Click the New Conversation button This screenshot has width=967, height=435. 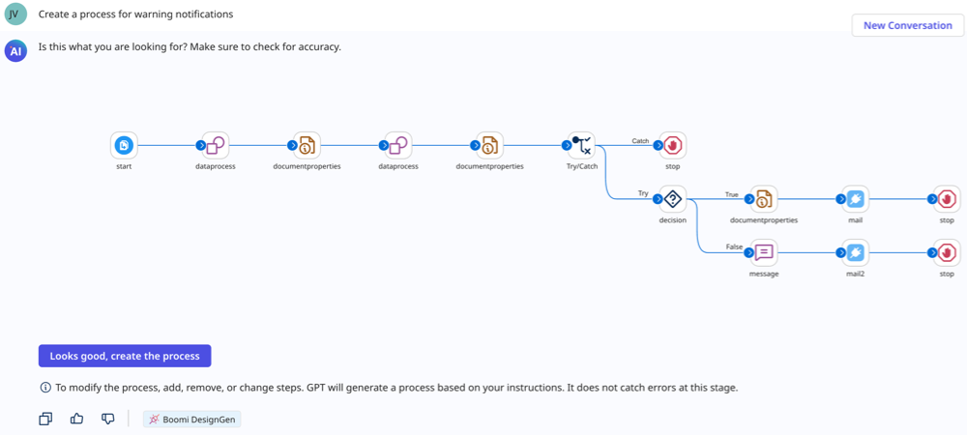[x=907, y=25]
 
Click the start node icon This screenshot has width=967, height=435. [x=124, y=145]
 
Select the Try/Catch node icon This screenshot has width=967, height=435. [x=581, y=145]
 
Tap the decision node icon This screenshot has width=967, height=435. [x=672, y=199]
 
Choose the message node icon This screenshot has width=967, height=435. [x=764, y=252]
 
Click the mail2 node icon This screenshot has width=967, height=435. [x=855, y=252]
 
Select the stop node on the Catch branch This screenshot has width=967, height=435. [x=672, y=145]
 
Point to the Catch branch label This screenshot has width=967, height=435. [x=640, y=141]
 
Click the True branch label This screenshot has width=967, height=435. [x=732, y=194]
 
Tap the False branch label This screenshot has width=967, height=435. [x=734, y=247]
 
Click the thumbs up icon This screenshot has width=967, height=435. [x=77, y=419]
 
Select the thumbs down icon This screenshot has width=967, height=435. [x=108, y=419]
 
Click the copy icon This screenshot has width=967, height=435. [x=45, y=419]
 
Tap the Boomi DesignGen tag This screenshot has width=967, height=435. [x=191, y=420]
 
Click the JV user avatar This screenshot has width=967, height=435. [x=15, y=14]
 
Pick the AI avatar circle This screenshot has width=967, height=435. [x=15, y=50]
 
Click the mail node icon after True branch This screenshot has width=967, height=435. [x=855, y=199]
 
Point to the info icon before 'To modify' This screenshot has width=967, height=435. [x=45, y=388]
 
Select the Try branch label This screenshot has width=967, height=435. [x=643, y=194]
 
